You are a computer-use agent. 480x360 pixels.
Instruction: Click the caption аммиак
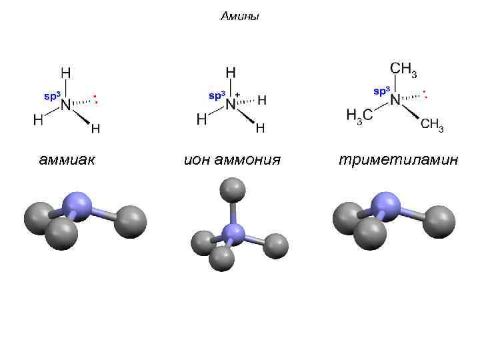67,160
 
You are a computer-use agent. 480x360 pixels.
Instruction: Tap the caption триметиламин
398,160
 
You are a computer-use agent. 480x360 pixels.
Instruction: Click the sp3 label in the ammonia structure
52,96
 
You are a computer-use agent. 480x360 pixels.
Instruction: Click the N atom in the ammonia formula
66,105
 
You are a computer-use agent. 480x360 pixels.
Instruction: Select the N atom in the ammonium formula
231,104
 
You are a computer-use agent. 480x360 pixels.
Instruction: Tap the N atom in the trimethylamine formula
395,100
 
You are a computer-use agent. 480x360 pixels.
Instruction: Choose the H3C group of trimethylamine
359,116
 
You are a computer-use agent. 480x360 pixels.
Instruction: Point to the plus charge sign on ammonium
237,95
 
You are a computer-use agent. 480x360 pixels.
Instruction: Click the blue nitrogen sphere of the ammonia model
79,205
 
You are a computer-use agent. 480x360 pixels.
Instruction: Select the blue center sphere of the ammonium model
233,233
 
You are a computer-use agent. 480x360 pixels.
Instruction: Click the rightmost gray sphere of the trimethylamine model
439,221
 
